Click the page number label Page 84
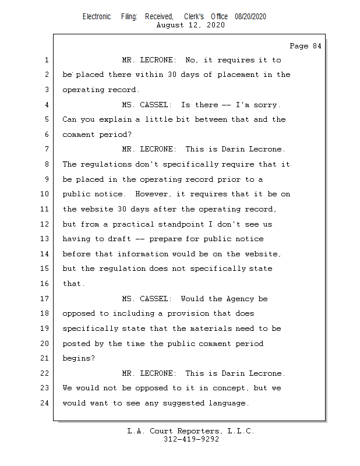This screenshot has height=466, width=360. pyautogui.click(x=305, y=46)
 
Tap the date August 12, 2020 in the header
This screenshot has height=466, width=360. pyautogui.click(x=191, y=25)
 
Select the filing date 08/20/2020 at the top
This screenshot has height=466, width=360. pyautogui.click(x=250, y=17)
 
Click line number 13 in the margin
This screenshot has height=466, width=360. pyautogui.click(x=46, y=239)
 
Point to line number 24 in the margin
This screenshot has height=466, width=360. pyautogui.click(x=46, y=403)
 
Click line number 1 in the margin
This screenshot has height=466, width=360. pyautogui.click(x=46, y=60)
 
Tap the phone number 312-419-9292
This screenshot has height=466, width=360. pyautogui.click(x=191, y=440)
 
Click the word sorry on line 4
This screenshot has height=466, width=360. pyautogui.click(x=267, y=105)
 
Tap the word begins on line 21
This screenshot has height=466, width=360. pyautogui.click(x=77, y=359)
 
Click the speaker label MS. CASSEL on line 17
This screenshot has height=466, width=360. pyautogui.click(x=146, y=299)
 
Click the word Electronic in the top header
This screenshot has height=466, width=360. pyautogui.click(x=97, y=17)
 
